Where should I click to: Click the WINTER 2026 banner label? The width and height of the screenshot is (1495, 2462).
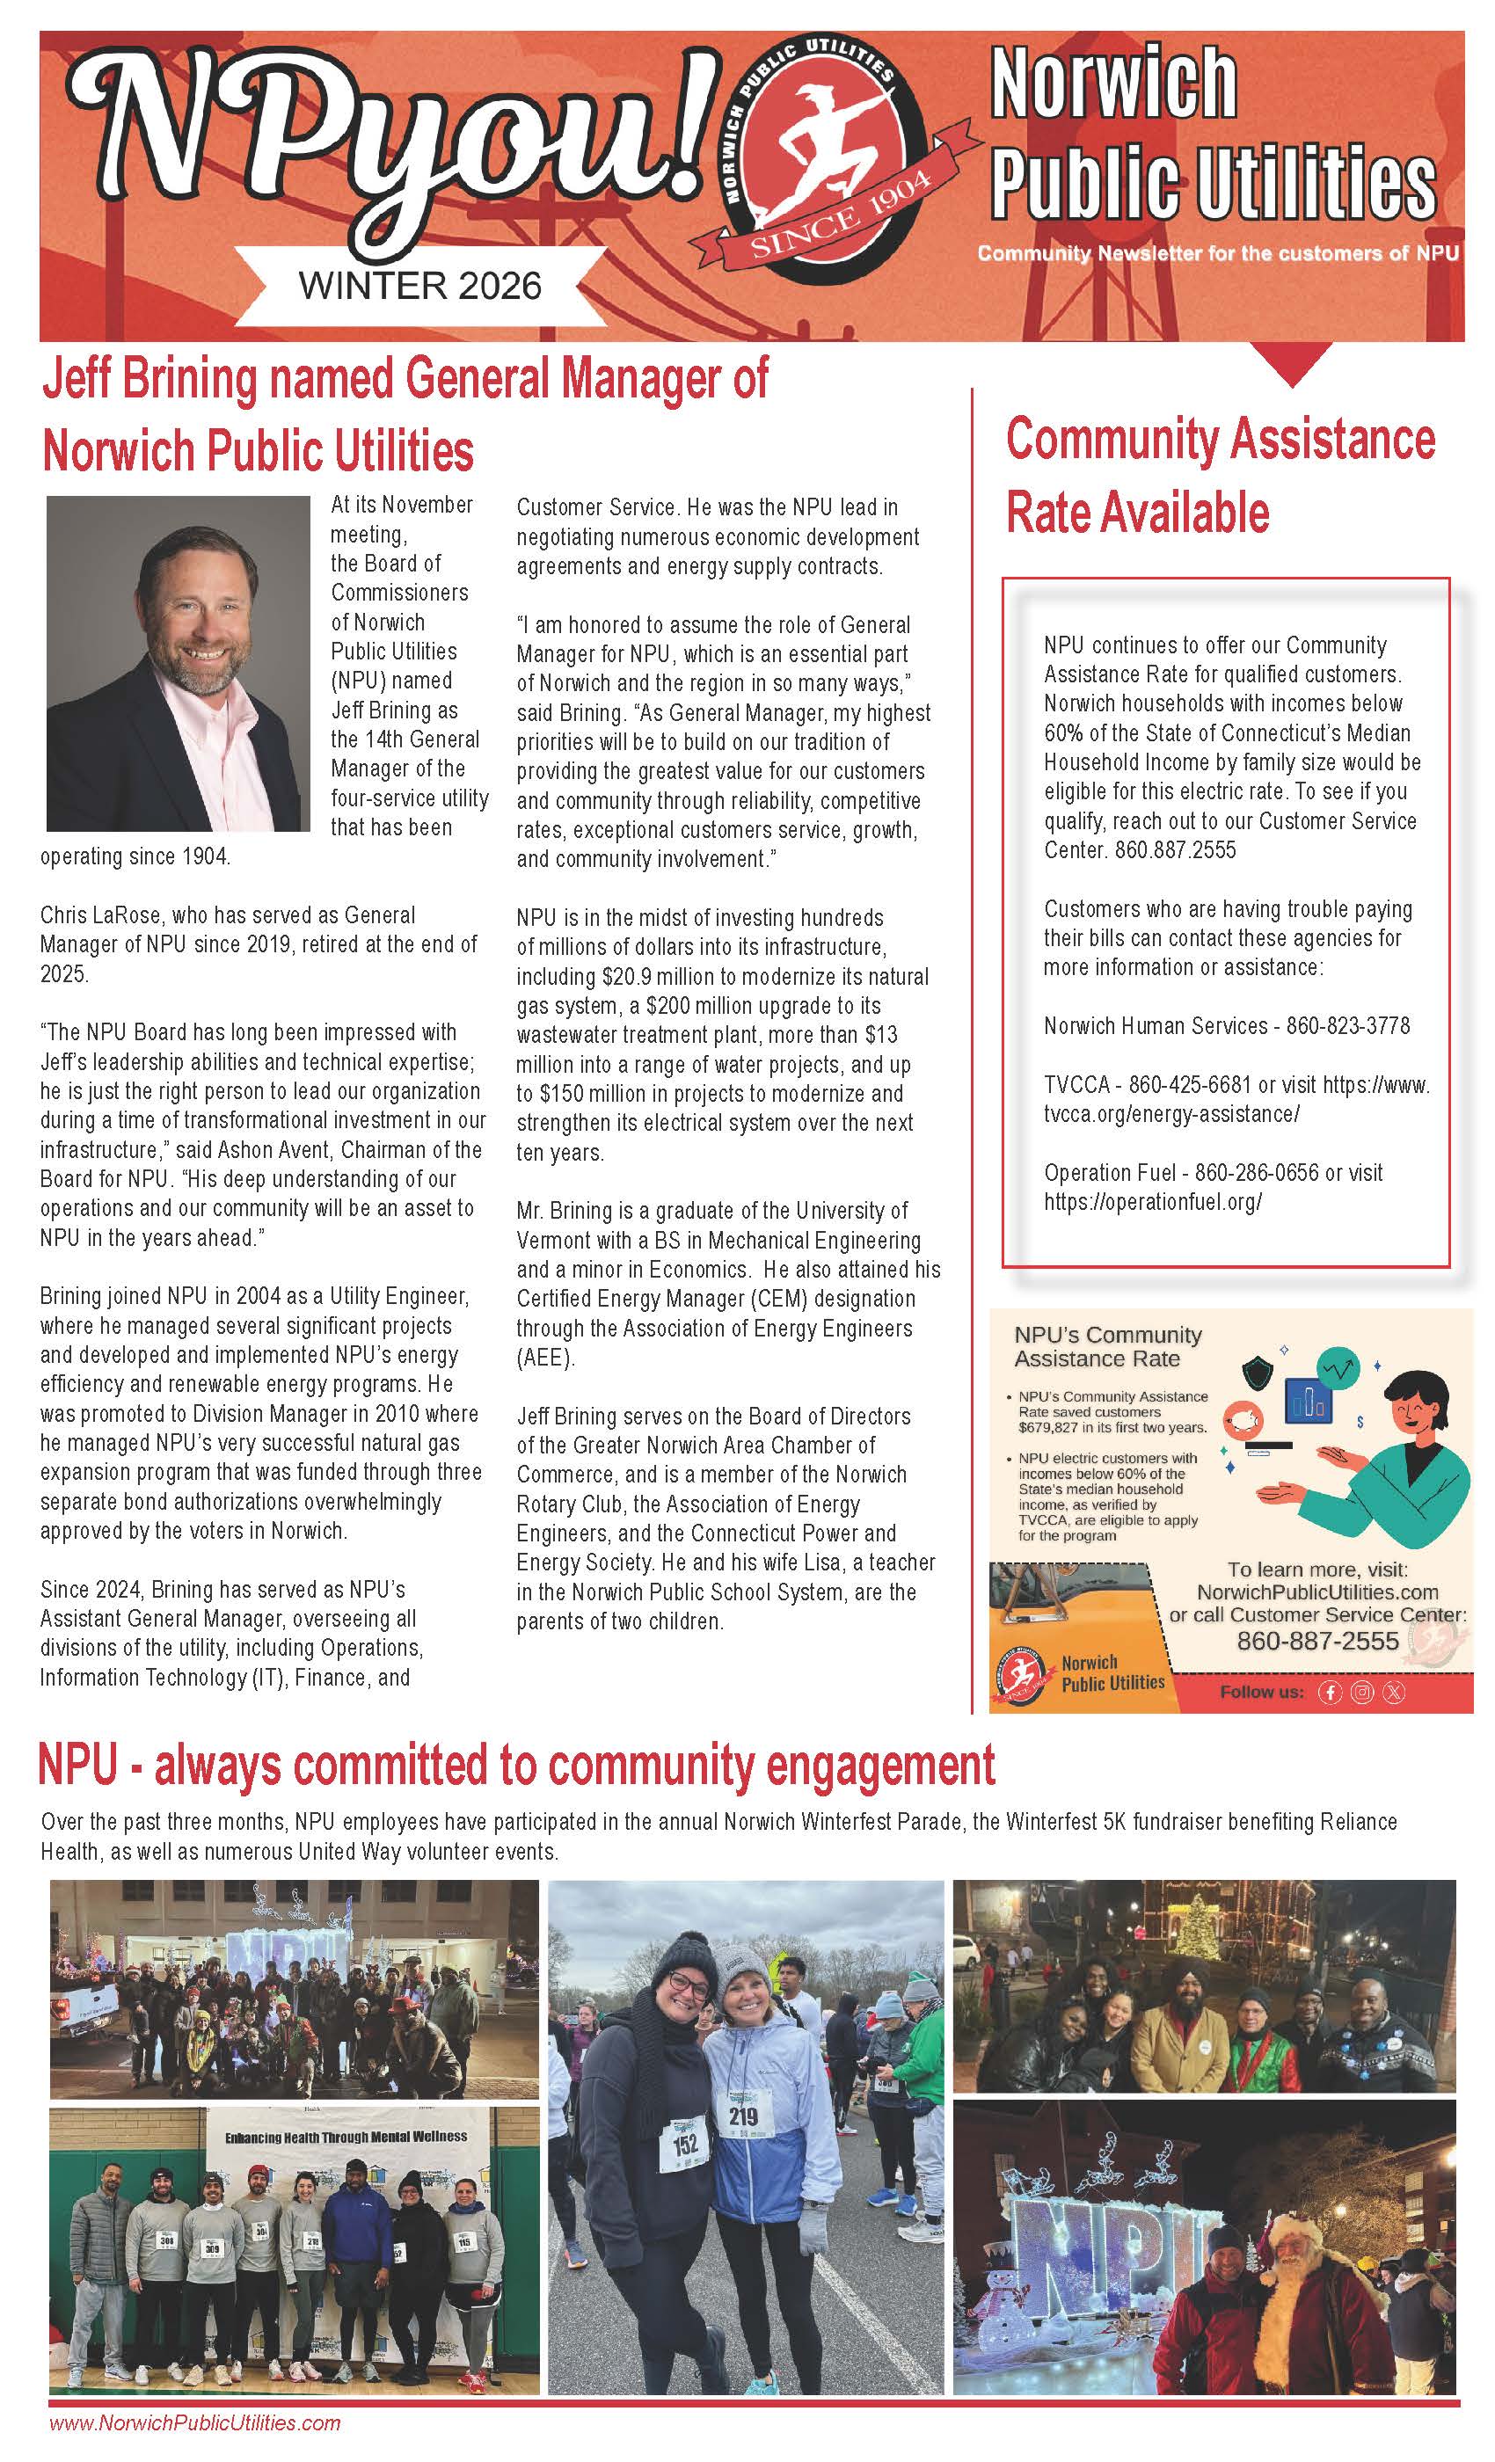tap(419, 287)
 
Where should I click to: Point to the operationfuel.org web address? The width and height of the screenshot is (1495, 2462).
tap(1152, 1202)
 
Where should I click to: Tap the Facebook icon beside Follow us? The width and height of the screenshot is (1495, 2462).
tap(1329, 1692)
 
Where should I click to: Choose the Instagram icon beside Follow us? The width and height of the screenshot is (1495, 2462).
tap(1361, 1692)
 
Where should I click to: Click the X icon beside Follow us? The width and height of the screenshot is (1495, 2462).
tap(1393, 1692)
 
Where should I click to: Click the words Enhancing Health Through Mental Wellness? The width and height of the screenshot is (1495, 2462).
tap(346, 2137)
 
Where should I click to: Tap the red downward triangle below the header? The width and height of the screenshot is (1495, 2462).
tap(1292, 364)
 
